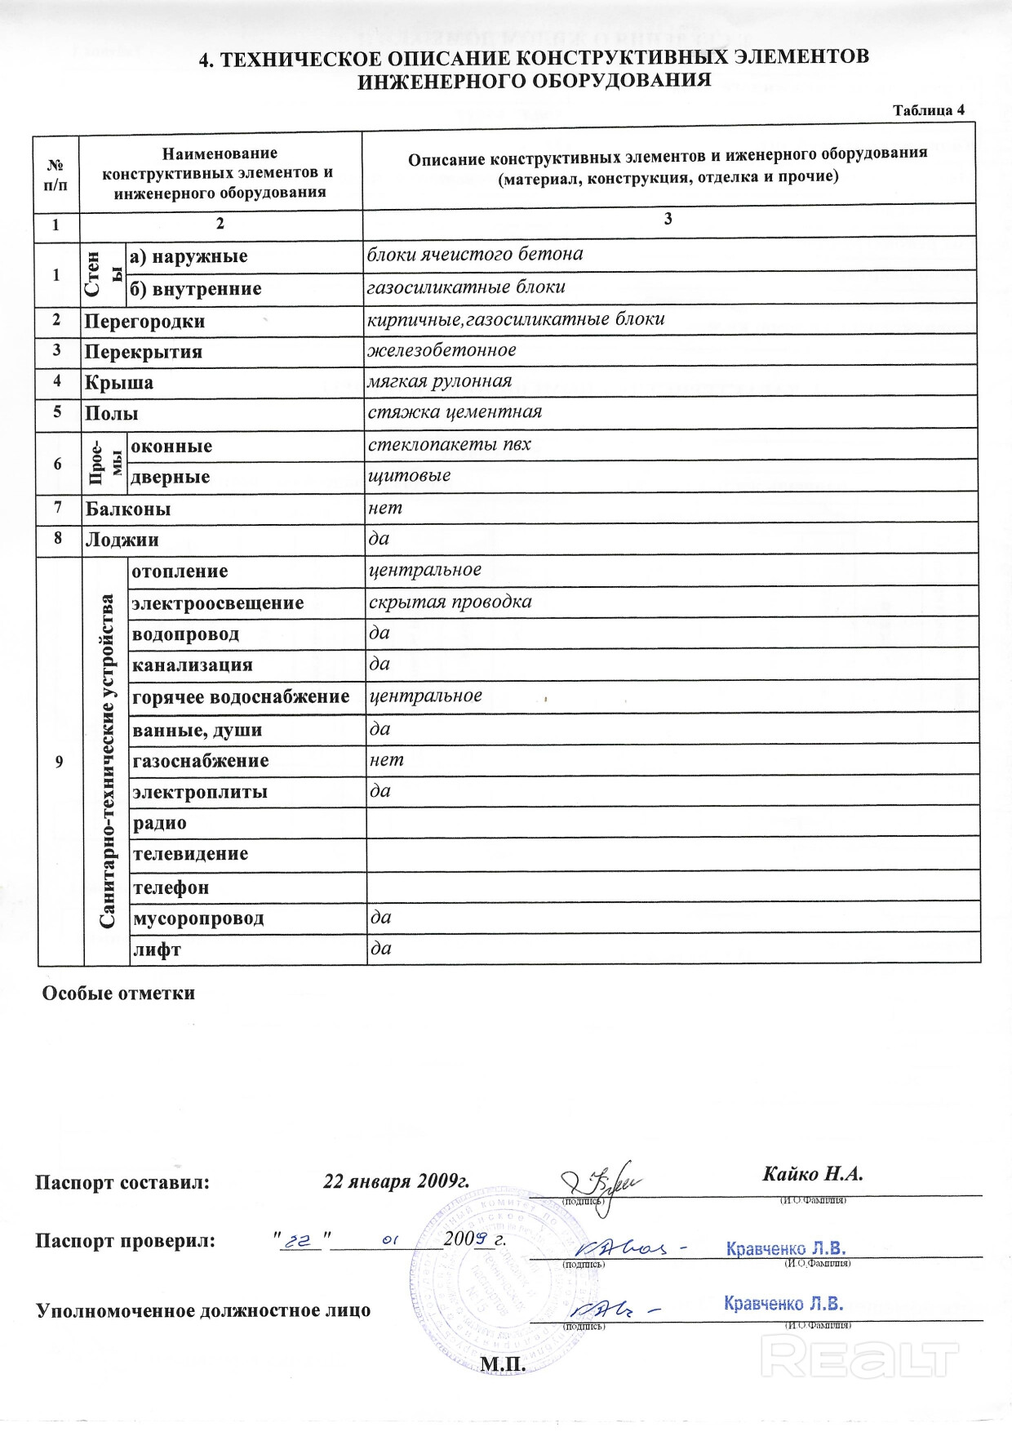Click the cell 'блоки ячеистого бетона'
(x=475, y=255)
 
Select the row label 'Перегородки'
(x=144, y=322)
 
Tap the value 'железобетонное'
(x=442, y=350)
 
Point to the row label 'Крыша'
(x=119, y=383)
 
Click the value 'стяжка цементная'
(x=455, y=412)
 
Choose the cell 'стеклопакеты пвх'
(x=450, y=445)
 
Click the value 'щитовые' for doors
(x=410, y=476)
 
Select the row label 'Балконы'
(x=128, y=509)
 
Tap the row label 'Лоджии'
(x=122, y=540)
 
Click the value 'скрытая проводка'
(x=451, y=603)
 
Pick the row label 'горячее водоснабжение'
(x=241, y=697)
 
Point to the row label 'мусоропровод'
(x=198, y=918)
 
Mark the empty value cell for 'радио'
(x=672, y=822)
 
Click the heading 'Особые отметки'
(x=118, y=994)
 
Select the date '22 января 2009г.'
(x=397, y=1181)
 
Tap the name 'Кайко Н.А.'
(x=812, y=1174)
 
